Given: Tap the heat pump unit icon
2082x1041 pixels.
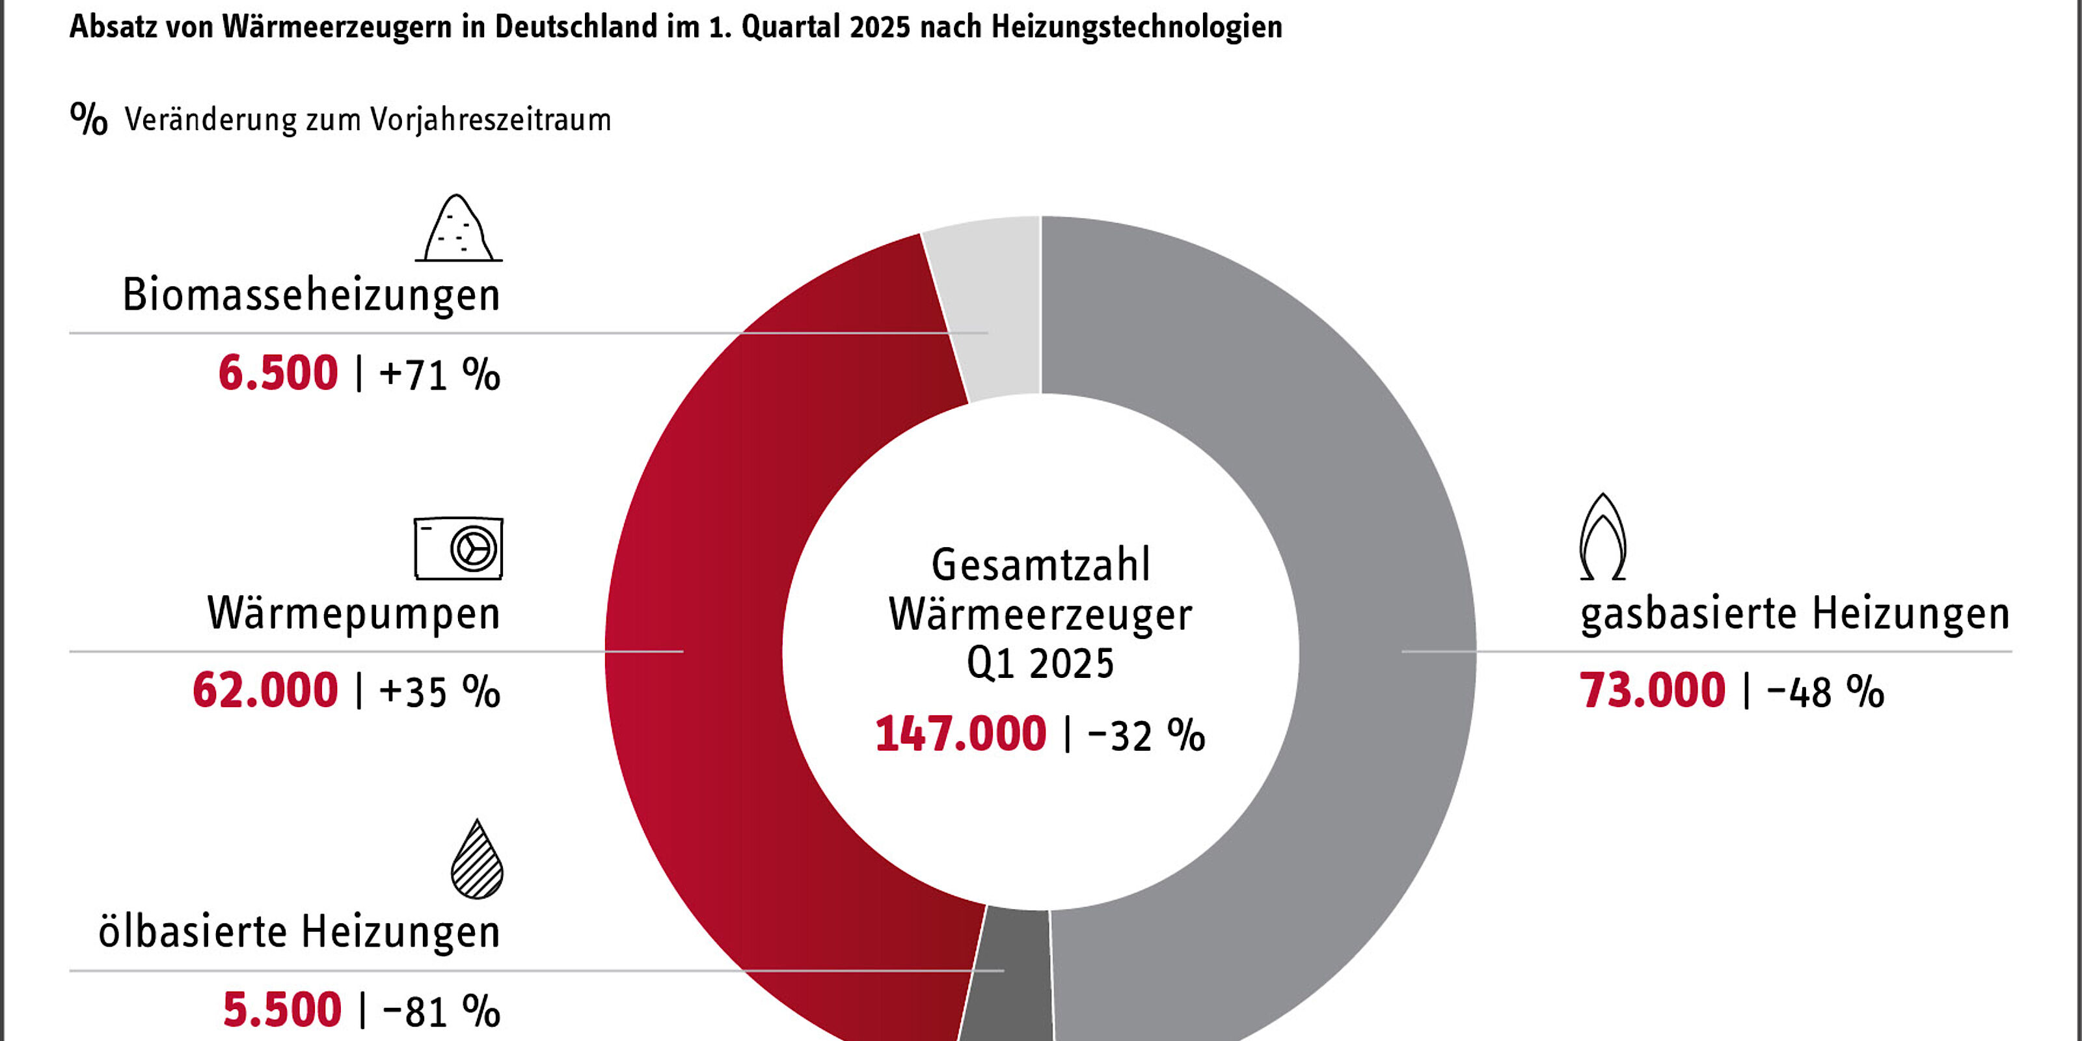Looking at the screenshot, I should [x=458, y=548].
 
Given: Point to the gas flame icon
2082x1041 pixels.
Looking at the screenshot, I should [x=1602, y=537].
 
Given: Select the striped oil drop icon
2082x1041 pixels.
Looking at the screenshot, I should [x=477, y=860].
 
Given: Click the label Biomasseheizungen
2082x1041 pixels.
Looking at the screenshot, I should [x=311, y=295].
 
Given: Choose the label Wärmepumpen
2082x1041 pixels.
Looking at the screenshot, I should [x=354, y=614].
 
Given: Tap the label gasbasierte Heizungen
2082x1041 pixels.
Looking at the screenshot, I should [x=1794, y=614].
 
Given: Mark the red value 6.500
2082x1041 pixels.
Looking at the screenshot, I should [x=278, y=374].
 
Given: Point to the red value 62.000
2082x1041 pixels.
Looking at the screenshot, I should [x=265, y=692].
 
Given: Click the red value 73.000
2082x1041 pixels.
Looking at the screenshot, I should [x=1652, y=692].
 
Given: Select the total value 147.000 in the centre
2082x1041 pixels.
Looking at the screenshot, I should [x=960, y=735].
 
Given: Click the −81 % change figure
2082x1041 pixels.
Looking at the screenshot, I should [x=440, y=1011].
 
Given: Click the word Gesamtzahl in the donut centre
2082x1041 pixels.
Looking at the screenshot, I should [x=1040, y=565].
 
